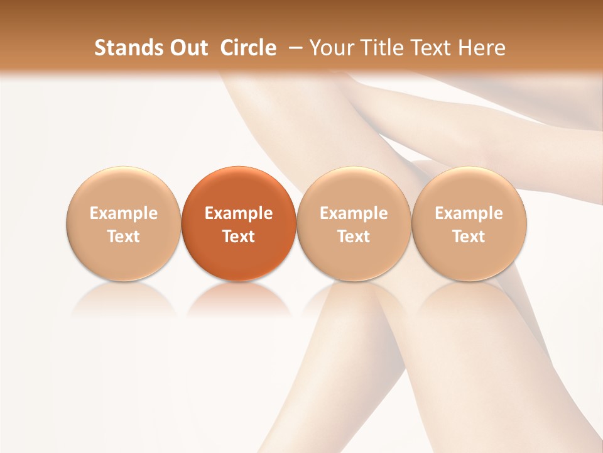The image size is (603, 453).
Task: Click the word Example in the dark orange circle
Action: pyautogui.click(x=239, y=213)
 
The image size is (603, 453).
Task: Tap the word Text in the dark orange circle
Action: pyautogui.click(x=239, y=237)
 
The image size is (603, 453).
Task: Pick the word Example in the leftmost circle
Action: pyautogui.click(x=124, y=213)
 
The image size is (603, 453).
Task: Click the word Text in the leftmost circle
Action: pyautogui.click(x=124, y=237)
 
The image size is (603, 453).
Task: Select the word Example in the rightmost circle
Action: pyautogui.click(x=469, y=213)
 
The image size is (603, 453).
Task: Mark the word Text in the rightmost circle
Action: pyautogui.click(x=469, y=237)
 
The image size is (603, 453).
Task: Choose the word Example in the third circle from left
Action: pyautogui.click(x=354, y=213)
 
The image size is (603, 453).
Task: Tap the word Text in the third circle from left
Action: pyautogui.click(x=354, y=237)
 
